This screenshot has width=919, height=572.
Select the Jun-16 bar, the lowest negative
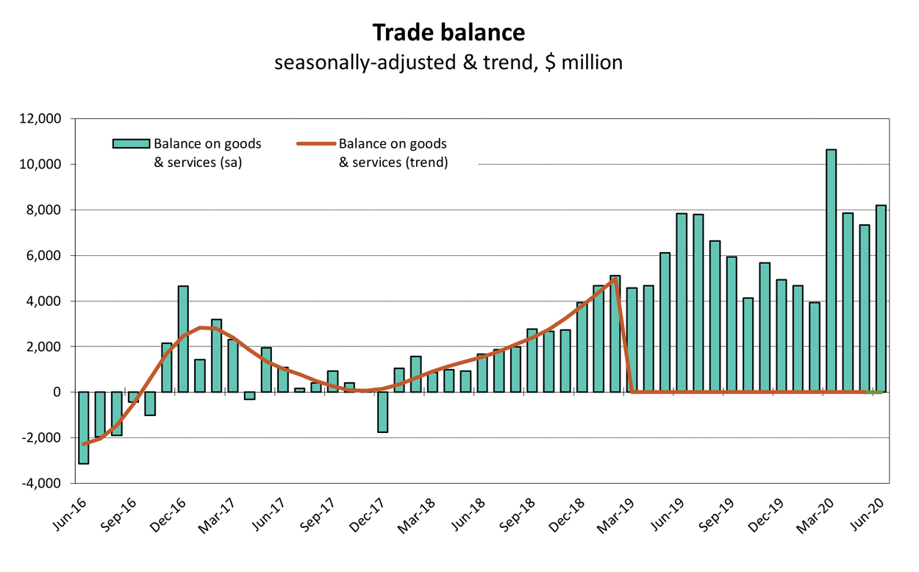tap(84, 427)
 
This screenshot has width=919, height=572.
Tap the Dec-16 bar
tap(183, 339)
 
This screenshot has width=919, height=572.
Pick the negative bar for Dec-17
tap(382, 412)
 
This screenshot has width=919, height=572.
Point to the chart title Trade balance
tap(448, 33)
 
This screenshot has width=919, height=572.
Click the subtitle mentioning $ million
tap(448, 62)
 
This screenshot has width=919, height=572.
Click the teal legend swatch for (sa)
tap(130, 144)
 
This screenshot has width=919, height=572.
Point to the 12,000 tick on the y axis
tap(49, 119)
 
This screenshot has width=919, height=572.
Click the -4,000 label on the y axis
tap(49, 484)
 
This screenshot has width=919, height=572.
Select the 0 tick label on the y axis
tap(62, 393)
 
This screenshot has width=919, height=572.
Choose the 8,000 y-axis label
tap(51, 210)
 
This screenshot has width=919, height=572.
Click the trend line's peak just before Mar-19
tap(615, 279)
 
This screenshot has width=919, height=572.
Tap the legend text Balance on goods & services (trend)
tap(393, 153)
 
